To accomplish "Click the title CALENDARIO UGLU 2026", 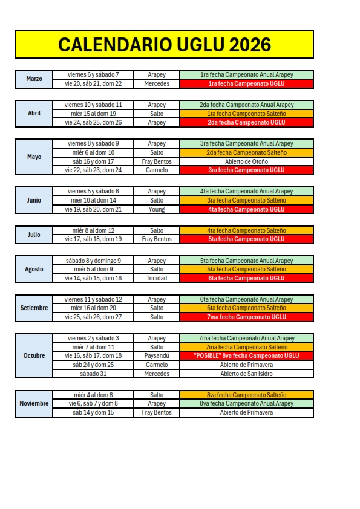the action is coord(164,45).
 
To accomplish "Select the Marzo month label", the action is coord(34,79).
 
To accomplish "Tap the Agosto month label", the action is coord(34,269).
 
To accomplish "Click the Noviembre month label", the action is coord(34,403).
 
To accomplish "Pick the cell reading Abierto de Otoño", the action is coord(246,161).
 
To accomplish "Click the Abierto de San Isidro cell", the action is coord(246,374).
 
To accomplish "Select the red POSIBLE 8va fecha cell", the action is coord(246,356).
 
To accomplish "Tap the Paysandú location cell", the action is coord(156,356).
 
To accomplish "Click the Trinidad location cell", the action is coord(156,278).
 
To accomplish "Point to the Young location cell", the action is coord(156,209).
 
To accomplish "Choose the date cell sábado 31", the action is coord(93,374).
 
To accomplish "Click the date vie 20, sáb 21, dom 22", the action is coord(93,83).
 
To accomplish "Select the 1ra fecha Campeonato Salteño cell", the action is coord(246,114).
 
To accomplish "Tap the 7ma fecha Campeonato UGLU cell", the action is coord(246,317).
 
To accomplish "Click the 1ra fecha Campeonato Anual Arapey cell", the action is coord(246,75).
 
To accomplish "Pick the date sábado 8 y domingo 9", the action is coord(93,261).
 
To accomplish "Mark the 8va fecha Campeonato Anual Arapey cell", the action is coord(246,403).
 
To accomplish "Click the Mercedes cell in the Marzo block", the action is coord(156,83).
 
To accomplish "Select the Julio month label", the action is coord(34,235).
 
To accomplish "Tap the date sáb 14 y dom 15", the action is coord(93,412).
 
